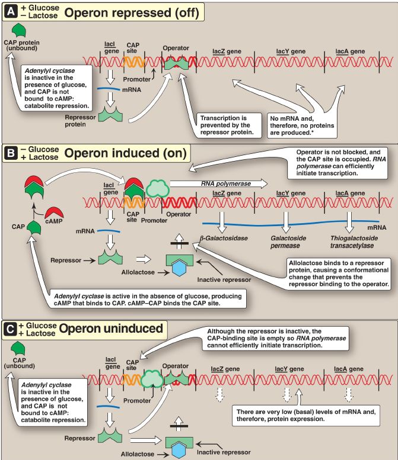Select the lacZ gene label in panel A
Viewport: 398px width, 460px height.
coord(225,52)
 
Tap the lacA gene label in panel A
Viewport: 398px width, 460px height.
coord(349,52)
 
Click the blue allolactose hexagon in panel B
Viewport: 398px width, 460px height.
coord(177,268)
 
